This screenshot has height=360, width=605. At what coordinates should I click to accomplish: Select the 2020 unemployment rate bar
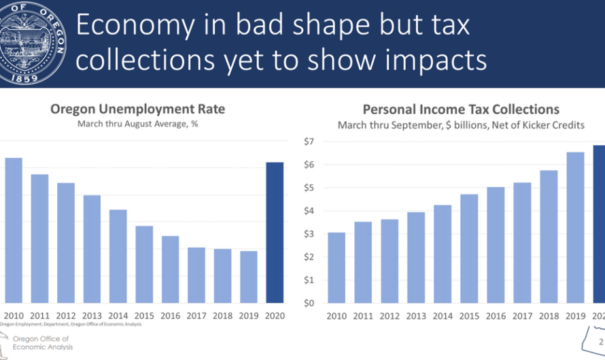275,232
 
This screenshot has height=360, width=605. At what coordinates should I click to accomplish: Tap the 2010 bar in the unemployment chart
14,230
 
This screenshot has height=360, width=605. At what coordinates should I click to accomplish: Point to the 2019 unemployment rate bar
249,277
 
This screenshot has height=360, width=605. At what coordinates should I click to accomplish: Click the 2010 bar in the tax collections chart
337,268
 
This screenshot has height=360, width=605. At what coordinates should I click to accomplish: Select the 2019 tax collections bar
576,228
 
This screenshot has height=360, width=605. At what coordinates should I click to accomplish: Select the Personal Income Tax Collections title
461,109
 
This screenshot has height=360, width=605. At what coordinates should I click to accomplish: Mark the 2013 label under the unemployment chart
92,315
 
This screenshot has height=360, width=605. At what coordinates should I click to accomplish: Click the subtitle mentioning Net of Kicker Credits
460,125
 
